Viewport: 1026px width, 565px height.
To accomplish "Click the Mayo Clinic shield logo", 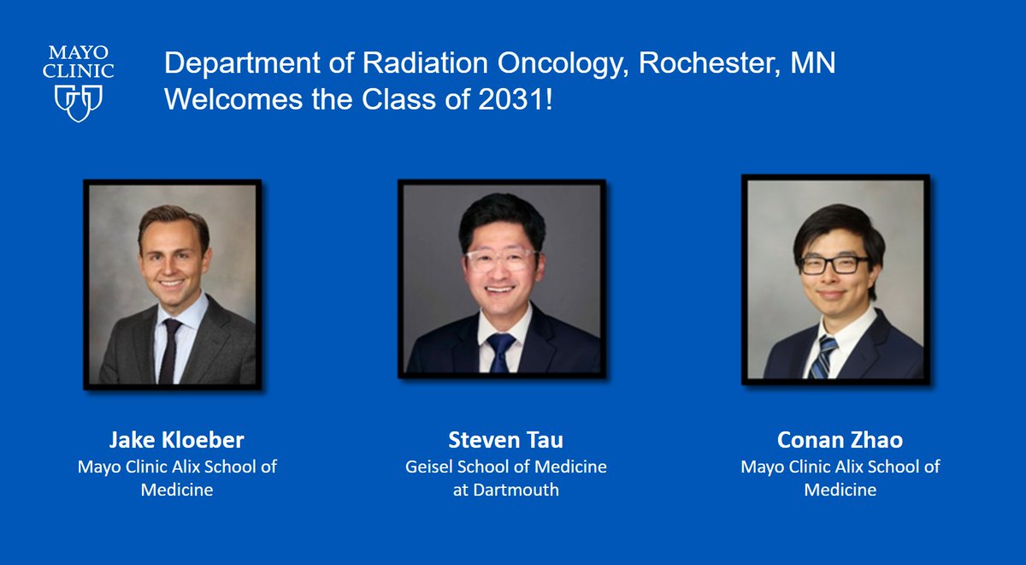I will click(x=79, y=102).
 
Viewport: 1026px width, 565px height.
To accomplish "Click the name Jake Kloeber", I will click(x=176, y=441).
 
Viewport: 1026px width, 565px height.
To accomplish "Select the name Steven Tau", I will click(x=506, y=441).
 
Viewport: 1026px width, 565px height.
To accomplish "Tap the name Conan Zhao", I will click(x=840, y=441).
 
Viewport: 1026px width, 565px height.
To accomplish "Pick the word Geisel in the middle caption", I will click(x=428, y=467).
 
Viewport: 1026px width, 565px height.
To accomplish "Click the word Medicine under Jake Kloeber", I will click(x=176, y=490).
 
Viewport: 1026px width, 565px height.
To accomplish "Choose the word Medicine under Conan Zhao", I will click(x=840, y=490).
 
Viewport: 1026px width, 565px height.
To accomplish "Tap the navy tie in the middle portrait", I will click(x=500, y=351).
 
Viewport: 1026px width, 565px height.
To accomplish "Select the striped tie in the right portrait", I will click(x=824, y=355).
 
